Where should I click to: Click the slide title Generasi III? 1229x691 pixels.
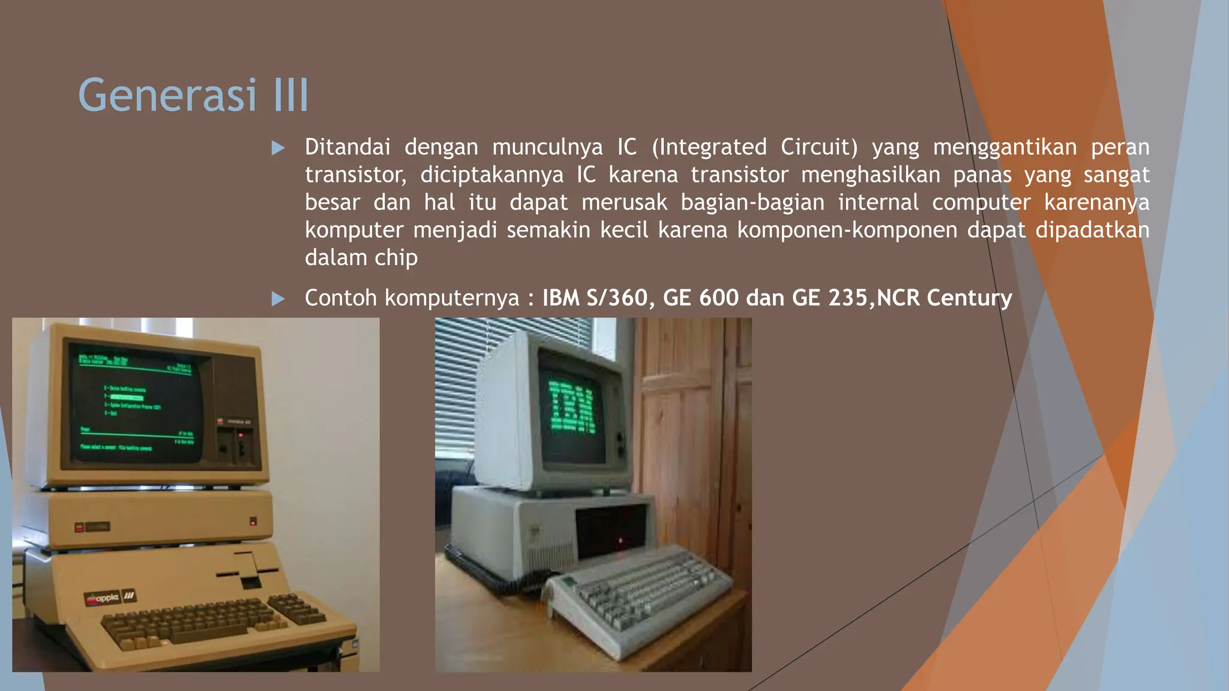coord(193,95)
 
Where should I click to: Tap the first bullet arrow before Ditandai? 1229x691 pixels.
coord(278,148)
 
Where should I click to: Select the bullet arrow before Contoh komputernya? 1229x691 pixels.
coord(278,298)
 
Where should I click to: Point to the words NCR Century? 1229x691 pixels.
coord(944,298)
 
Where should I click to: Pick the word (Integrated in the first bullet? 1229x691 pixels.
coord(709,148)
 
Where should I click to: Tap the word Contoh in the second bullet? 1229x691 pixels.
coord(341,298)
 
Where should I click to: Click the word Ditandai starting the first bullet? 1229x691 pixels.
coord(347,148)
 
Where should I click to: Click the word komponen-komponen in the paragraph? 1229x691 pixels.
coord(847,230)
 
